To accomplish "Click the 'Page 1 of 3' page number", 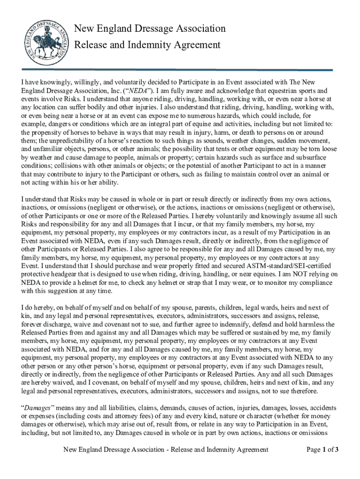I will tap(323, 450).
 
